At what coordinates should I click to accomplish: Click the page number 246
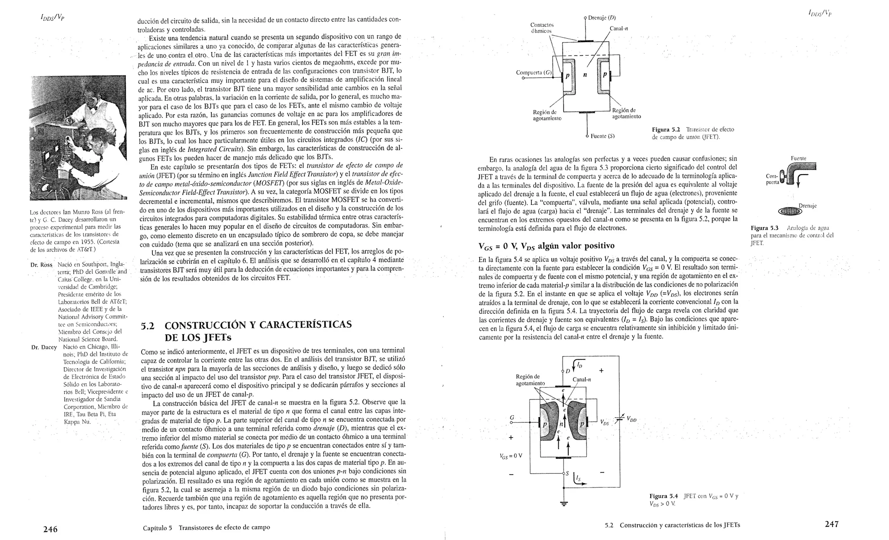(50, 529)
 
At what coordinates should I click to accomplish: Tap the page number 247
(831, 524)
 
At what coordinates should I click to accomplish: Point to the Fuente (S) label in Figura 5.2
(603, 136)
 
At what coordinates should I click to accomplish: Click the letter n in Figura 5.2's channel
(584, 75)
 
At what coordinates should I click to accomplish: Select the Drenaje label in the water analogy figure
(807, 206)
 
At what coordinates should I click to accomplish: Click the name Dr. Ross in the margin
(41, 265)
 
